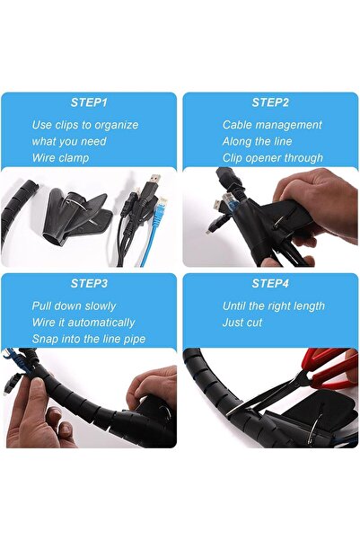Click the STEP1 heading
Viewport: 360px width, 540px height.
(89, 102)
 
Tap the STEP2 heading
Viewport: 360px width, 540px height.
(270, 102)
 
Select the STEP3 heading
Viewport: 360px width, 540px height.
(89, 284)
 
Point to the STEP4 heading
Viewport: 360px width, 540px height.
(270, 284)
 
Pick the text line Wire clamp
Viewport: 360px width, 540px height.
(61, 157)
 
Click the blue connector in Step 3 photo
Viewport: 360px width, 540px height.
(13, 359)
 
